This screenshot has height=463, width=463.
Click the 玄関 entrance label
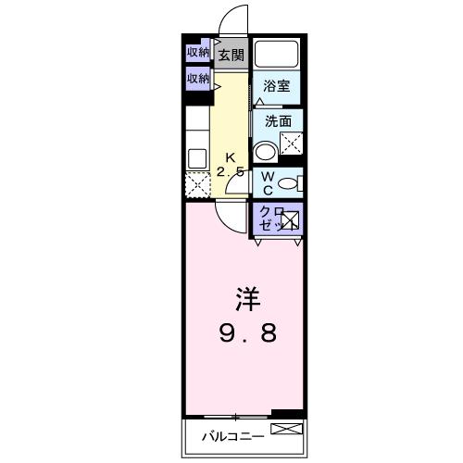[231, 55]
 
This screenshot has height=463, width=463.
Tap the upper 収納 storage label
[198, 52]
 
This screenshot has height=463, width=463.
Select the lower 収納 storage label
[198, 79]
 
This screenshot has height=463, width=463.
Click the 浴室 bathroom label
[275, 87]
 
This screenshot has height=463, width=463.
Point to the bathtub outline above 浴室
[277, 53]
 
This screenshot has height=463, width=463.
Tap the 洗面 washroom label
[278, 121]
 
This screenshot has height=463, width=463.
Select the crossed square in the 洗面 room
[293, 144]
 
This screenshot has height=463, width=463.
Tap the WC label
[266, 181]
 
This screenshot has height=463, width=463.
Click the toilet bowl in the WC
[289, 183]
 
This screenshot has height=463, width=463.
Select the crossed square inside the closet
[290, 221]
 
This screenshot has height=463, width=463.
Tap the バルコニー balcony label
[231, 435]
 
